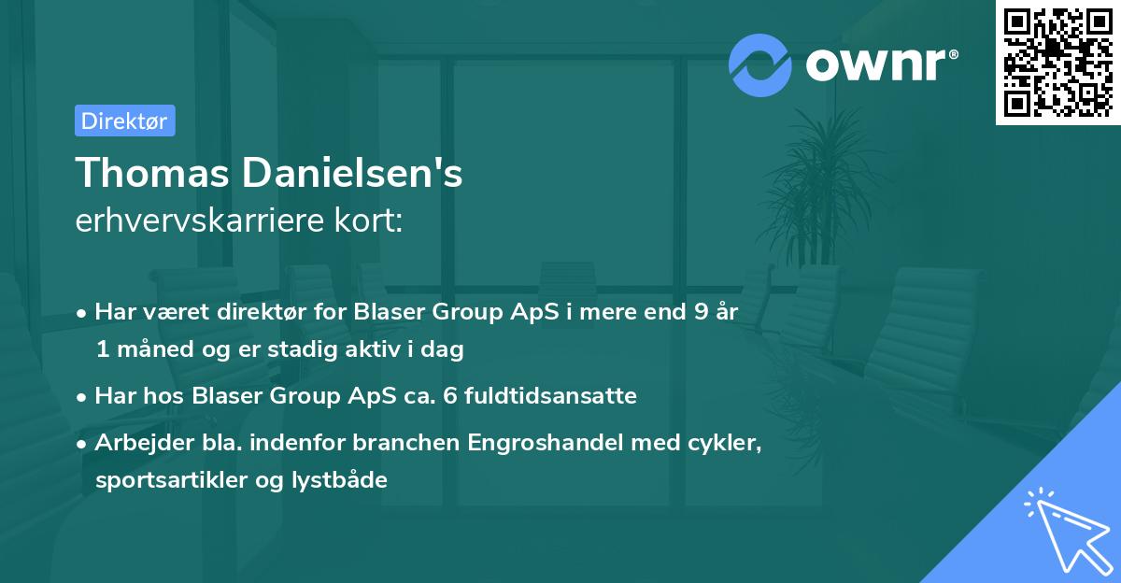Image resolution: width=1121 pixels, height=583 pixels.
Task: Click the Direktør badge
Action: tap(124, 121)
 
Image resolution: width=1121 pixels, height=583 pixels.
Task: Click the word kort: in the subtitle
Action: tap(372, 221)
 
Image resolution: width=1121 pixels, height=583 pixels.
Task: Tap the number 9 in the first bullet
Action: tap(700, 311)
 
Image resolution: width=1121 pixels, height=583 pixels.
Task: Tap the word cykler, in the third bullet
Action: tap(725, 442)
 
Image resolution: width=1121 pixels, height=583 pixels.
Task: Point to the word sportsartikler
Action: tap(160, 480)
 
